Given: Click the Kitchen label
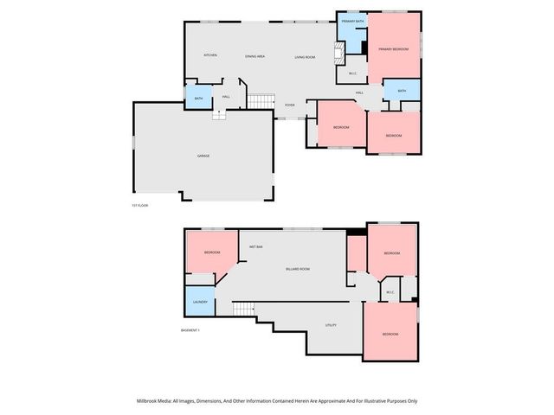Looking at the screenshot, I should [x=210, y=55].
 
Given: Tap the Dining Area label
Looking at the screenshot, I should [x=254, y=56].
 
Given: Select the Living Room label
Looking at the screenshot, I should [x=305, y=56].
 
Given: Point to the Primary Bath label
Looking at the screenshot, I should [x=352, y=21].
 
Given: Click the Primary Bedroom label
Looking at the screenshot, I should [x=394, y=49].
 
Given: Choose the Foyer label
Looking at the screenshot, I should [x=290, y=105].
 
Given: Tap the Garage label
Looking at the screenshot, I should [x=203, y=156].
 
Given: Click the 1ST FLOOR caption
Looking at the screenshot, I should [x=140, y=205].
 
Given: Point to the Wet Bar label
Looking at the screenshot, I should [x=256, y=247].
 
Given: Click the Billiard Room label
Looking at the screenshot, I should [x=298, y=270].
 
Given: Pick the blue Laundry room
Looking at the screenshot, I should [x=199, y=301].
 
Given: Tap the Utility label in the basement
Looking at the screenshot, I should [x=331, y=325].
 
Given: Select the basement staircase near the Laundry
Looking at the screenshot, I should [x=244, y=309].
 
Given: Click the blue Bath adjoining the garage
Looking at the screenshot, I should [x=198, y=97].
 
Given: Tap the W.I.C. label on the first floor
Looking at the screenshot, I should [x=353, y=73].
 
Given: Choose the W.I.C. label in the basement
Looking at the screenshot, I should [x=390, y=291].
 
